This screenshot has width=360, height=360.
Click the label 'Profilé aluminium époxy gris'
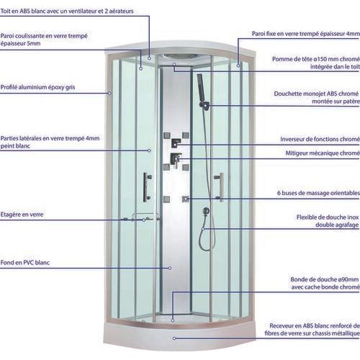38,86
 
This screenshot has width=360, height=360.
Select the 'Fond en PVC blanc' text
30,264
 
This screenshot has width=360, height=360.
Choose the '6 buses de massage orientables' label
318,193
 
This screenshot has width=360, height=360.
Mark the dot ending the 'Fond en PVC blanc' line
170,267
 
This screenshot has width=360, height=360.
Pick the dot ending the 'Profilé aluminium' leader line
109,93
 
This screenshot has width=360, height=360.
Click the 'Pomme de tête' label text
294,59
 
